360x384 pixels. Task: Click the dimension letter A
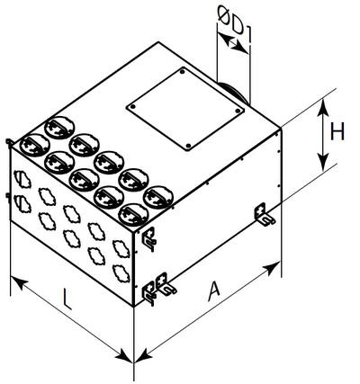[215, 290]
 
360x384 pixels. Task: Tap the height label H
[337, 132]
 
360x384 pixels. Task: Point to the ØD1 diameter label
[235, 22]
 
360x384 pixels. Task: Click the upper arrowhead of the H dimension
[323, 108]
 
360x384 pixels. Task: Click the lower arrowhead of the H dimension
[323, 162]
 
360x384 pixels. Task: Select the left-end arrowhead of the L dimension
[20, 283]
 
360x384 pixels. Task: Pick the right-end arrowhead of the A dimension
[272, 268]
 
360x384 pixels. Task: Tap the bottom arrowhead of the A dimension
[143, 356]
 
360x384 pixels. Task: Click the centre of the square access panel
[185, 110]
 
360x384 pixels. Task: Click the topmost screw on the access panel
[182, 72]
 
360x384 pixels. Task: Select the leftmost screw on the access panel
[133, 107]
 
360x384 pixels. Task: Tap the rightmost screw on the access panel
[238, 112]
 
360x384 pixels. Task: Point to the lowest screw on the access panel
[188, 146]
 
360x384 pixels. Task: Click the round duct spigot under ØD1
[234, 92]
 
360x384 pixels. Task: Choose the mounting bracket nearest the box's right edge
[264, 214]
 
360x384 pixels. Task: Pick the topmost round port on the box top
[59, 128]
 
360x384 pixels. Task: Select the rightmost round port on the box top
[158, 197]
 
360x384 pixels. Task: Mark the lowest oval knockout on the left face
[121, 273]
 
